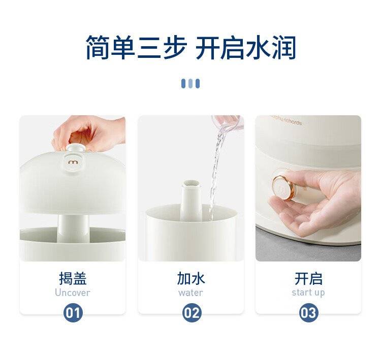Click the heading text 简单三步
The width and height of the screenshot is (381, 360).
point(137,47)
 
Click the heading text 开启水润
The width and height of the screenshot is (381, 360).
point(246,47)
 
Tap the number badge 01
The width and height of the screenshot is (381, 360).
point(73,313)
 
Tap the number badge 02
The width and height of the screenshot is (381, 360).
point(192,313)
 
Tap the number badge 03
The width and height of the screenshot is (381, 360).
point(308,313)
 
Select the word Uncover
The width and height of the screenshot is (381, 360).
point(73,292)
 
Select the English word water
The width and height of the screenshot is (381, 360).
point(190,292)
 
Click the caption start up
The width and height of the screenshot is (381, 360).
point(308,292)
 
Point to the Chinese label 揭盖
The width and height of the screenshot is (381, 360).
point(73,278)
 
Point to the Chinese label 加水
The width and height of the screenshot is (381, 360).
point(191,278)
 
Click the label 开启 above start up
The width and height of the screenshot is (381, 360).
point(308,278)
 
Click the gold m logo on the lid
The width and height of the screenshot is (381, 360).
point(73,162)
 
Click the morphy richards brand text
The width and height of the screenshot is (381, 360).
point(287,120)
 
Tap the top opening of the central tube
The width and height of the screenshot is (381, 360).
point(192,184)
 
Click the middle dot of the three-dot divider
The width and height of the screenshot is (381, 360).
point(190,84)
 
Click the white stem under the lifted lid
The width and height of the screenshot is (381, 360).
point(73,229)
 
